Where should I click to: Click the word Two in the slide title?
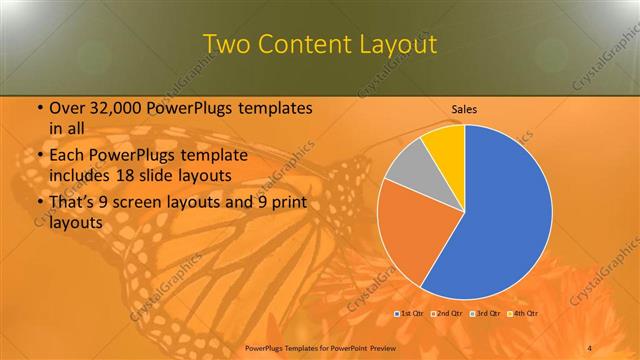pos(228,45)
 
